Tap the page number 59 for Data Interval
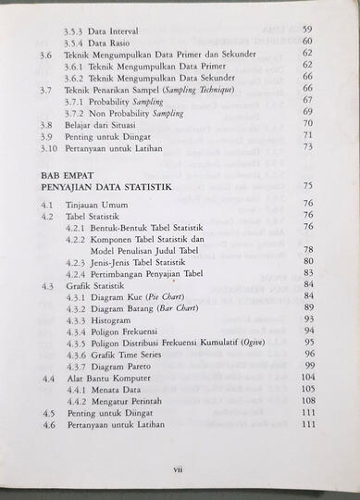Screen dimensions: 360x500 307,30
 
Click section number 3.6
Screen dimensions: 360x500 47,55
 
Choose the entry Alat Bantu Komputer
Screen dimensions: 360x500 109,379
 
